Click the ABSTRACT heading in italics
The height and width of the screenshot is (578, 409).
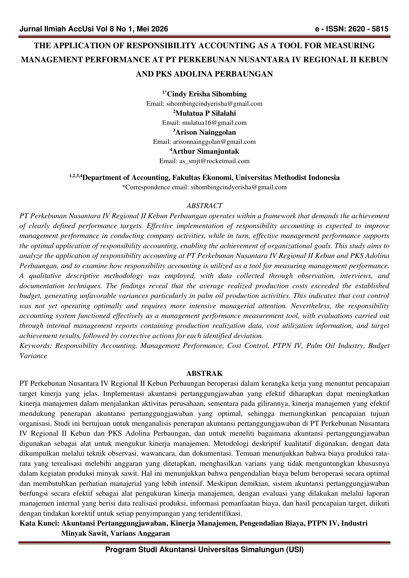204,206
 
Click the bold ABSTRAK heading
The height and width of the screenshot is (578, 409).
204,373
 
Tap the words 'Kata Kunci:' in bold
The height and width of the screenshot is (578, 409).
39,524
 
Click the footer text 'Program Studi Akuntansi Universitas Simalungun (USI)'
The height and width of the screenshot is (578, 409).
204,550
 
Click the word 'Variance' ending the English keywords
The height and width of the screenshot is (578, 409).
33,356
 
